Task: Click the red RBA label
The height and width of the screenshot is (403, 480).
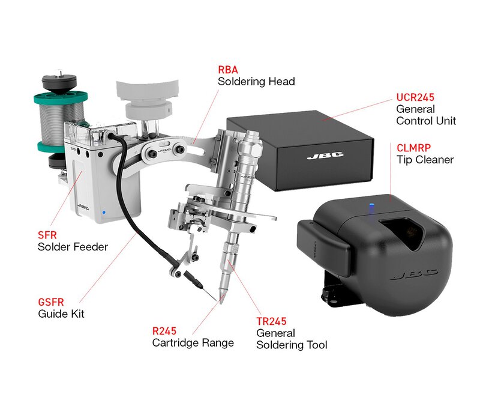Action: tap(228, 70)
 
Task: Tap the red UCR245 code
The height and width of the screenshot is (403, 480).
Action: tap(415, 97)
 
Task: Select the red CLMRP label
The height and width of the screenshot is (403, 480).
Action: tap(413, 148)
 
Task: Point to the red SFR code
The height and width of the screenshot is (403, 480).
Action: tap(47, 235)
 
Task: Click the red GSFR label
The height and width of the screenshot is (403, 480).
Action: tap(51, 302)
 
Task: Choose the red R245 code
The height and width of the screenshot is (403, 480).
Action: tap(164, 331)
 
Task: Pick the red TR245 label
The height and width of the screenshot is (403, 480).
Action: tap(271, 321)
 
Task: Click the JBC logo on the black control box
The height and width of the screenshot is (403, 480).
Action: tap(325, 156)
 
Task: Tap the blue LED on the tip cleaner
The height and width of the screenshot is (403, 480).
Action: tap(372, 204)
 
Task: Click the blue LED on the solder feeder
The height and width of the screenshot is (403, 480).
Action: tap(104, 212)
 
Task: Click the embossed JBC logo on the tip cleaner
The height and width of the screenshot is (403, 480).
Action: tap(414, 274)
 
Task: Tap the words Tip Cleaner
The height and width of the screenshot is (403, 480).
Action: tap(425, 160)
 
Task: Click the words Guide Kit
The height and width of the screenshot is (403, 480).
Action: tap(61, 314)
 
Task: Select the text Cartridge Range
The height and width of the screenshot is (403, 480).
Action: tap(193, 342)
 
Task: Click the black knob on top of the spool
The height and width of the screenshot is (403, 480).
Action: tap(59, 80)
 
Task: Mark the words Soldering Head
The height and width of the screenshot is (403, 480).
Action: tap(256, 82)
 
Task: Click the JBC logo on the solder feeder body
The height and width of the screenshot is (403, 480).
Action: tap(83, 207)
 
